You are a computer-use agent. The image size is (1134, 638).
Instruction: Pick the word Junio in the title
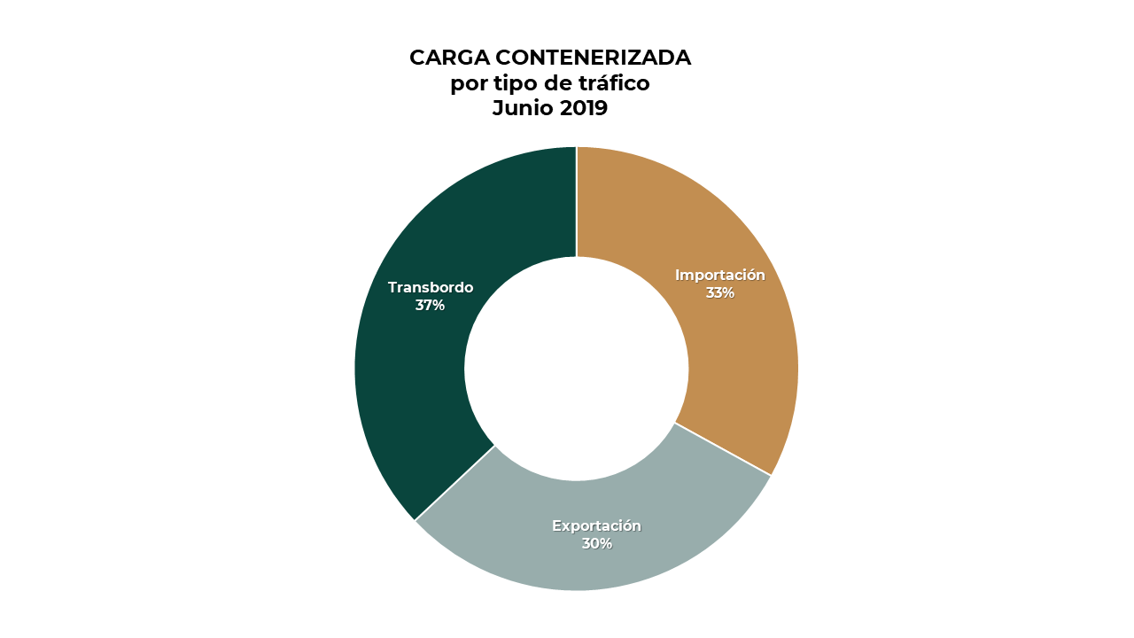pyautogui.click(x=522, y=109)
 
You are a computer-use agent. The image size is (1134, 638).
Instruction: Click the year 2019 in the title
pyautogui.click(x=583, y=109)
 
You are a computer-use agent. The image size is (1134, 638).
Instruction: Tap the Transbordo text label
pyautogui.click(x=431, y=288)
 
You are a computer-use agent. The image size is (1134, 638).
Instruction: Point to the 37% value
pyautogui.click(x=430, y=306)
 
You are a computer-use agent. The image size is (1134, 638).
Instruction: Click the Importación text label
pyautogui.click(x=719, y=276)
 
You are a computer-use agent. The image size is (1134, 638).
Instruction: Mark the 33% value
pyautogui.click(x=719, y=293)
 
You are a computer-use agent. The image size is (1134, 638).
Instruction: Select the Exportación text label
pyautogui.click(x=596, y=526)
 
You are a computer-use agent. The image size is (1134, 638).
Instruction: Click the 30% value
pyautogui.click(x=596, y=544)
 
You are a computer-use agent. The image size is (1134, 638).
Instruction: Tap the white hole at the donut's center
pyautogui.click(x=577, y=369)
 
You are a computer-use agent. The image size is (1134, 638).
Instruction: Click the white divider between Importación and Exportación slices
pyautogui.click(x=723, y=449)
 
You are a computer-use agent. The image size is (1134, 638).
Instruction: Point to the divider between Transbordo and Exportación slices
pyautogui.click(x=454, y=483)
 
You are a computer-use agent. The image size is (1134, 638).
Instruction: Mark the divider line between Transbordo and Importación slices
pyautogui.click(x=577, y=202)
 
